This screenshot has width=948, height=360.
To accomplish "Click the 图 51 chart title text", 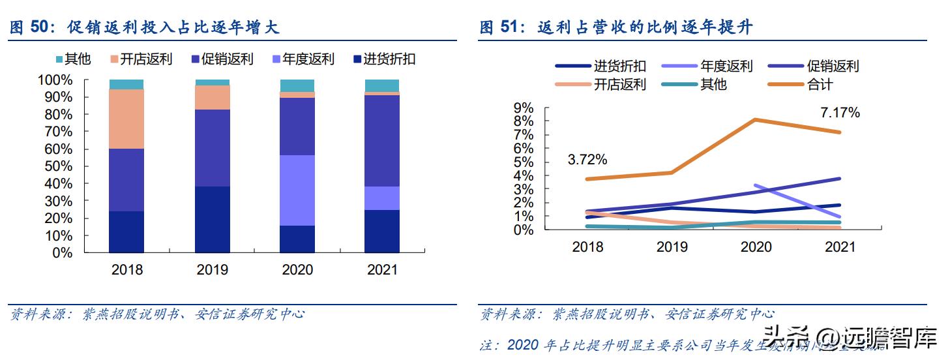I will pyautogui.click(x=616, y=27).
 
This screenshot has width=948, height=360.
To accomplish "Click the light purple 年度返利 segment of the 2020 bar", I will pyautogui.click(x=297, y=190).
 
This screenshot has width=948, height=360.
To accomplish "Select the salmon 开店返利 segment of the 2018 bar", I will pyautogui.click(x=126, y=119).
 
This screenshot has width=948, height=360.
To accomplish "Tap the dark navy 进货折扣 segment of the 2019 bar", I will pyautogui.click(x=212, y=219).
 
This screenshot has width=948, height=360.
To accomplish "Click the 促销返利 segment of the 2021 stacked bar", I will pyautogui.click(x=382, y=141).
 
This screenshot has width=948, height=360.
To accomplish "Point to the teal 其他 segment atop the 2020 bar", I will pyautogui.click(x=297, y=85).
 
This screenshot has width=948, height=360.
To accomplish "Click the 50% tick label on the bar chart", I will pyautogui.click(x=58, y=166).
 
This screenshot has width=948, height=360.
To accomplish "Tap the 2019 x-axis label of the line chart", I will pyautogui.click(x=672, y=247).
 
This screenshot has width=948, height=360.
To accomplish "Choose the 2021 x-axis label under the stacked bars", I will pyautogui.click(x=381, y=270).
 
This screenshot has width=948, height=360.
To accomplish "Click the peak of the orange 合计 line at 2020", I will pyautogui.click(x=755, y=119).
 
